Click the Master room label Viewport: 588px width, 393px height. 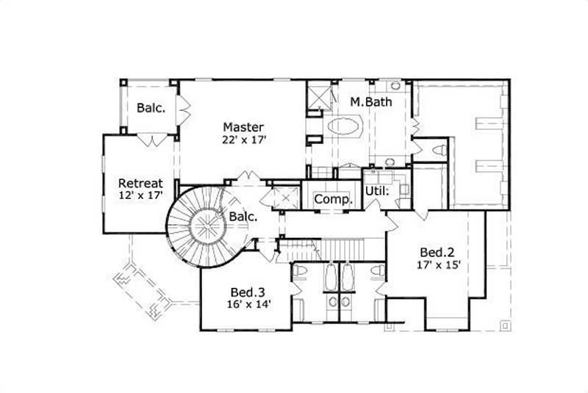tap(243, 127)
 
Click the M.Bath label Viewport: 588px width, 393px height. tap(370, 102)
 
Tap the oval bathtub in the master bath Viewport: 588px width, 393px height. tap(343, 126)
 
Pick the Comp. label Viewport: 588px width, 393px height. tap(334, 199)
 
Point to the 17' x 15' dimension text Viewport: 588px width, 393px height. tap(439, 264)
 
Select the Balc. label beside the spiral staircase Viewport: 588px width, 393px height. tap(243, 217)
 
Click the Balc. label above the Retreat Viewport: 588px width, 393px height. tap(151, 107)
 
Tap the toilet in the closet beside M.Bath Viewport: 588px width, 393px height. tap(440, 150)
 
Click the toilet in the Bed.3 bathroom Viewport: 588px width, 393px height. tap(299, 273)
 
